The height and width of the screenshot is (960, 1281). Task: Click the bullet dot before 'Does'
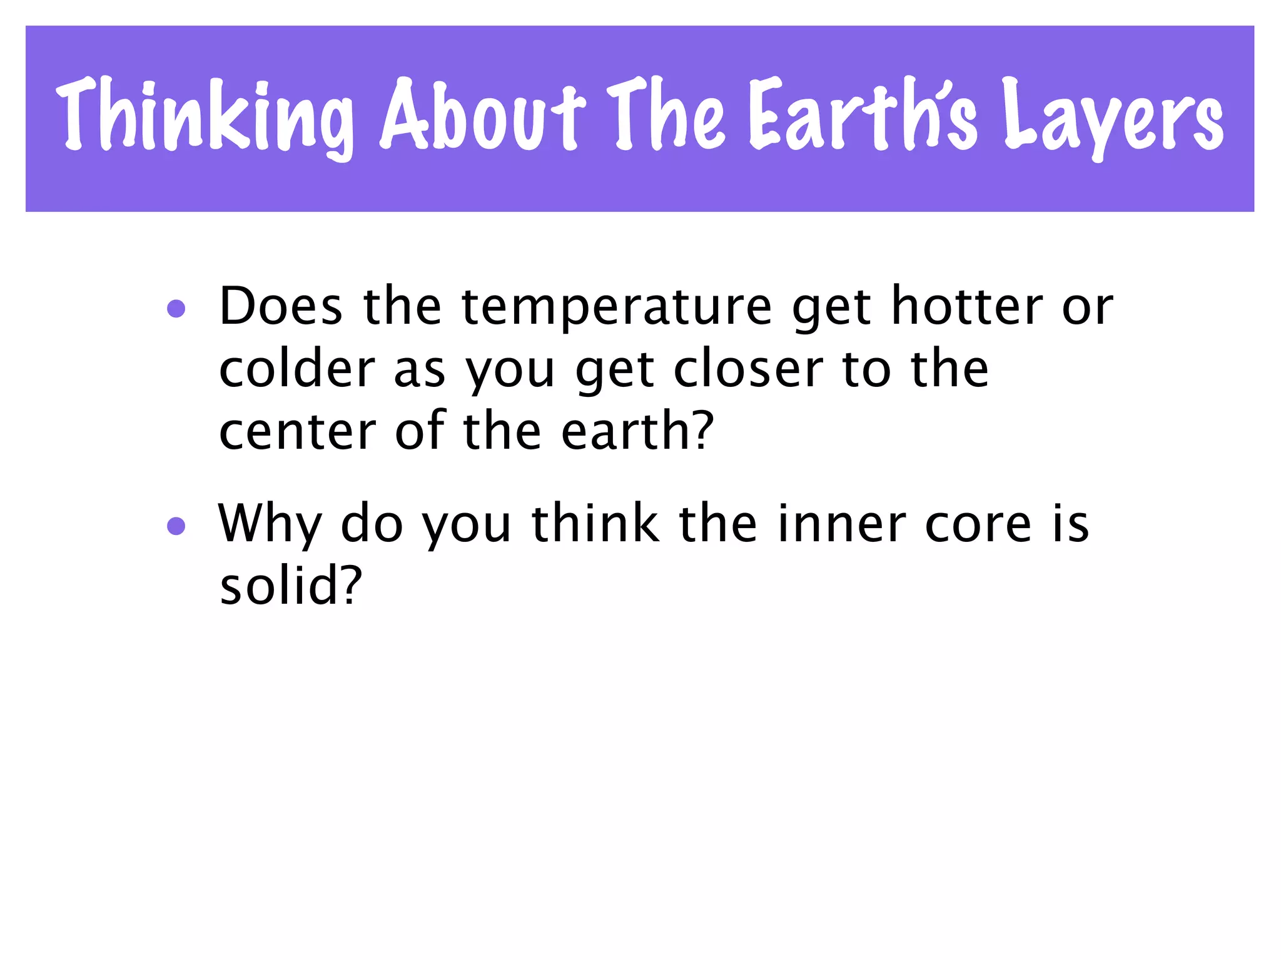click(176, 309)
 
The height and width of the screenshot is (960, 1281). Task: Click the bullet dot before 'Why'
click(176, 526)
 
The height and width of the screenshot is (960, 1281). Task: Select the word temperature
click(617, 307)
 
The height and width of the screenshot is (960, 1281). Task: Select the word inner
click(841, 524)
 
